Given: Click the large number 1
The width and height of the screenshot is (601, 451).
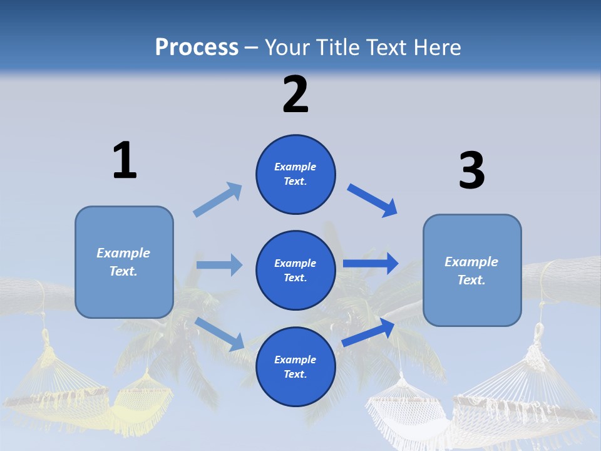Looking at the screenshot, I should coord(125,160).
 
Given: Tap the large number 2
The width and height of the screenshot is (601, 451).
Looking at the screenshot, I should coord(295,95).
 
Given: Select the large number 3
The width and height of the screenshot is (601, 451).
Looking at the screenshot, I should coord(471,171).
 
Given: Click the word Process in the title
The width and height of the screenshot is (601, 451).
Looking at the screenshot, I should coord(197,48).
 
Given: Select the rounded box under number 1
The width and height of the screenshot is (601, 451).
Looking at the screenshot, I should coord(124,262).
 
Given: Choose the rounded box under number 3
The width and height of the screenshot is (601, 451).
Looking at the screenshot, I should coord(472,270).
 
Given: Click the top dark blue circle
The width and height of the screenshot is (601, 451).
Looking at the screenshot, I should coord(295,174).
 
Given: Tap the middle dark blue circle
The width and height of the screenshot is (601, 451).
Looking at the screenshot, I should coord(295,270).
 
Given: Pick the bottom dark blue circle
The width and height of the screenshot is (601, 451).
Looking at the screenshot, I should coord(295,366).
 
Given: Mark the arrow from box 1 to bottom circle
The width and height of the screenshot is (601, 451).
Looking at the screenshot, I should coord(220,334).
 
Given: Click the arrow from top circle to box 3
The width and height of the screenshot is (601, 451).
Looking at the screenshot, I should coord(372,200).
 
